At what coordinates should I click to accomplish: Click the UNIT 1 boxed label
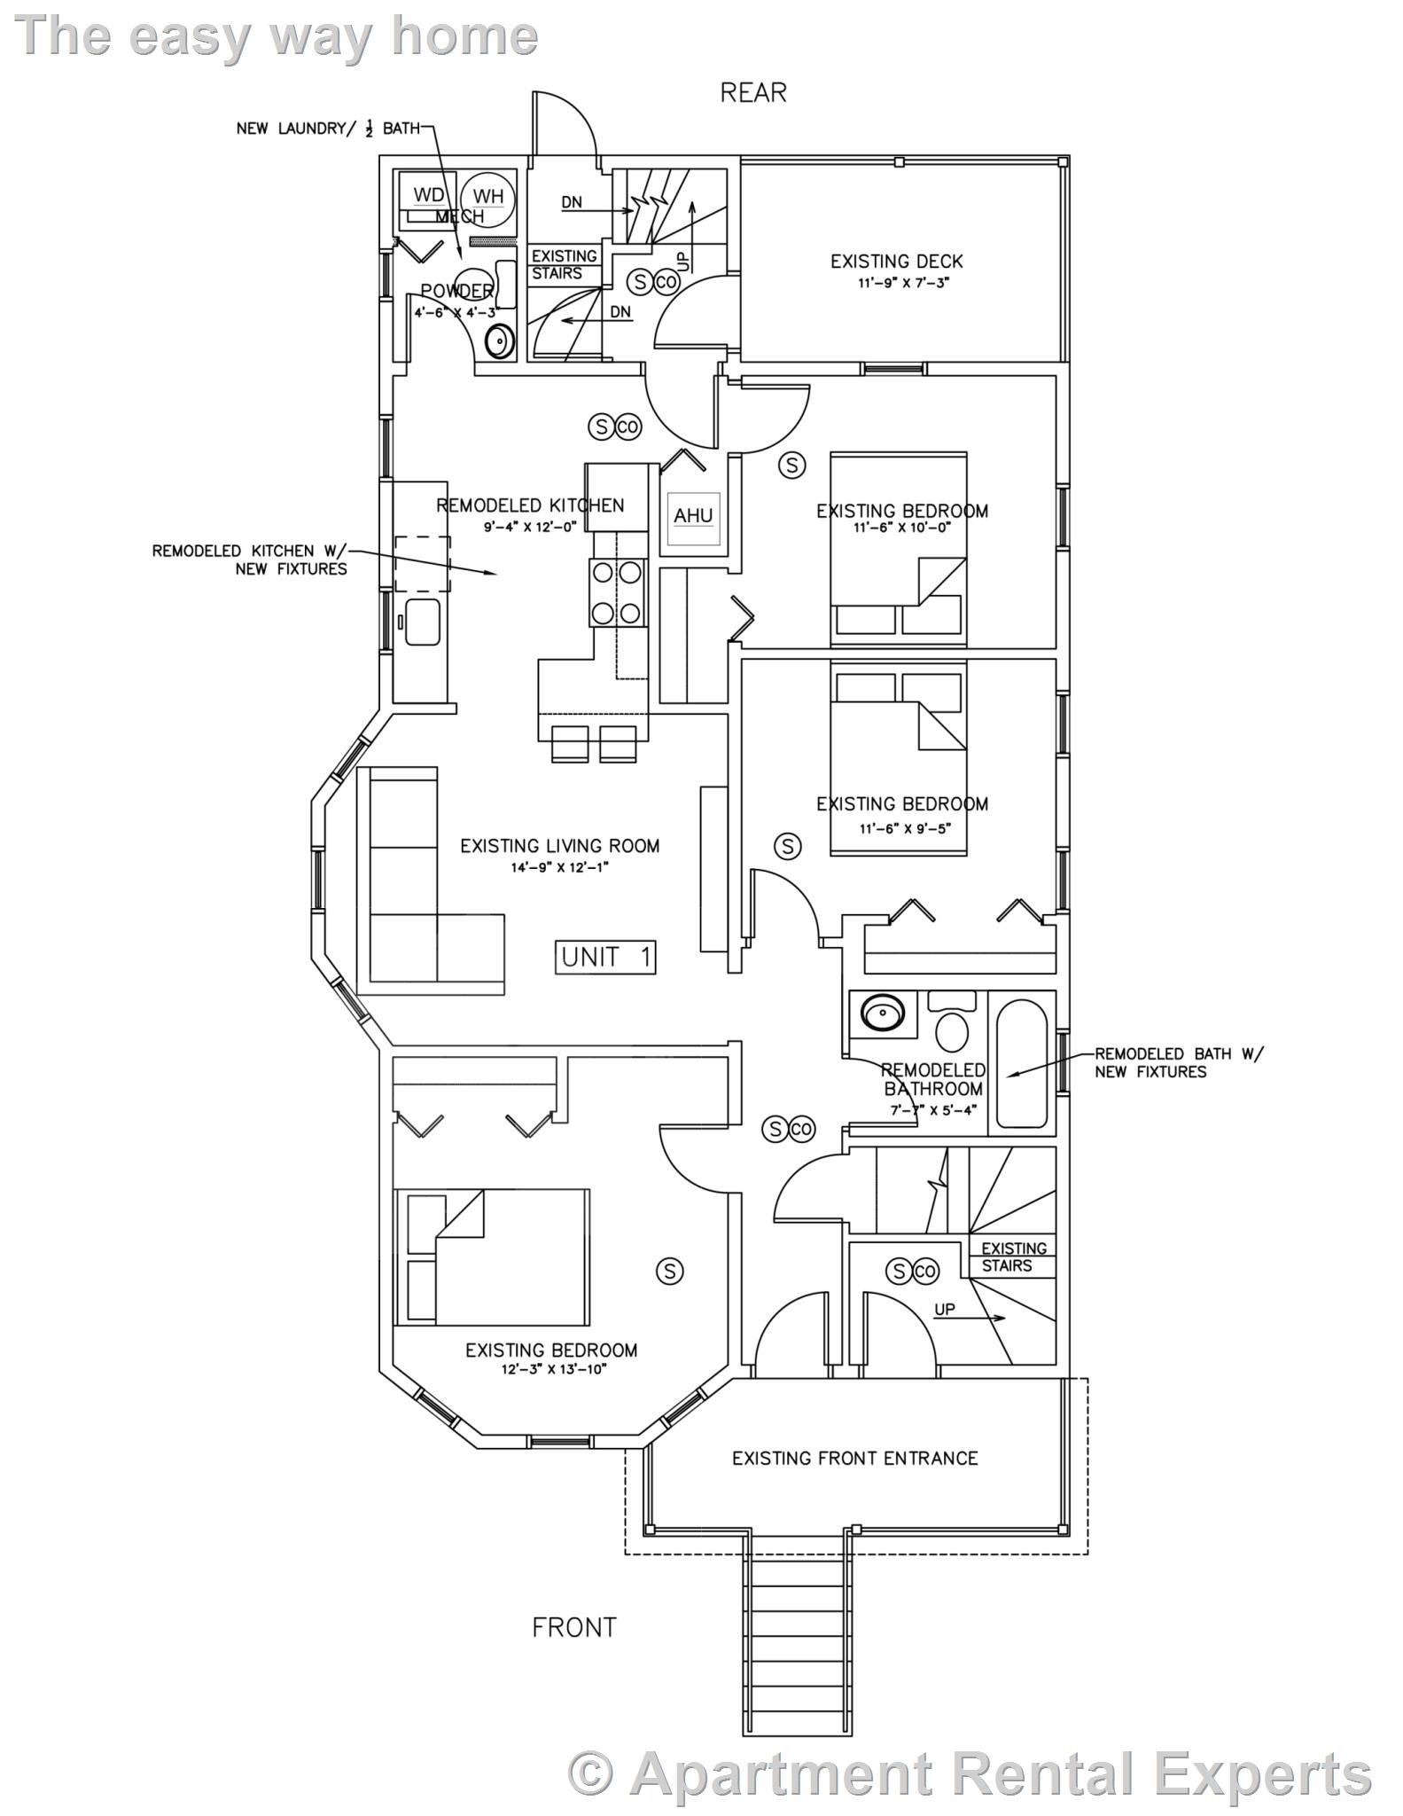tap(606, 957)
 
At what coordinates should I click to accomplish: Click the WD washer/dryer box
tap(429, 195)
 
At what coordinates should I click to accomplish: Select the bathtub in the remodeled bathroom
tap(1022, 1064)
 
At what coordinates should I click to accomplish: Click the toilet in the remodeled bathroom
tap(953, 1029)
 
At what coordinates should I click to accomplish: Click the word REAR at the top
tap(752, 93)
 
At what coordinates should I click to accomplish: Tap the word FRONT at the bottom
tap(573, 1627)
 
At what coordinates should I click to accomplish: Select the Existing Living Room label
tap(559, 846)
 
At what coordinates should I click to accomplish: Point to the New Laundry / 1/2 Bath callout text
tap(327, 129)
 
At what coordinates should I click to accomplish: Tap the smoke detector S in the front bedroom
tap(669, 1272)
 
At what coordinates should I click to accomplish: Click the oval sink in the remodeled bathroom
tap(882, 1012)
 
